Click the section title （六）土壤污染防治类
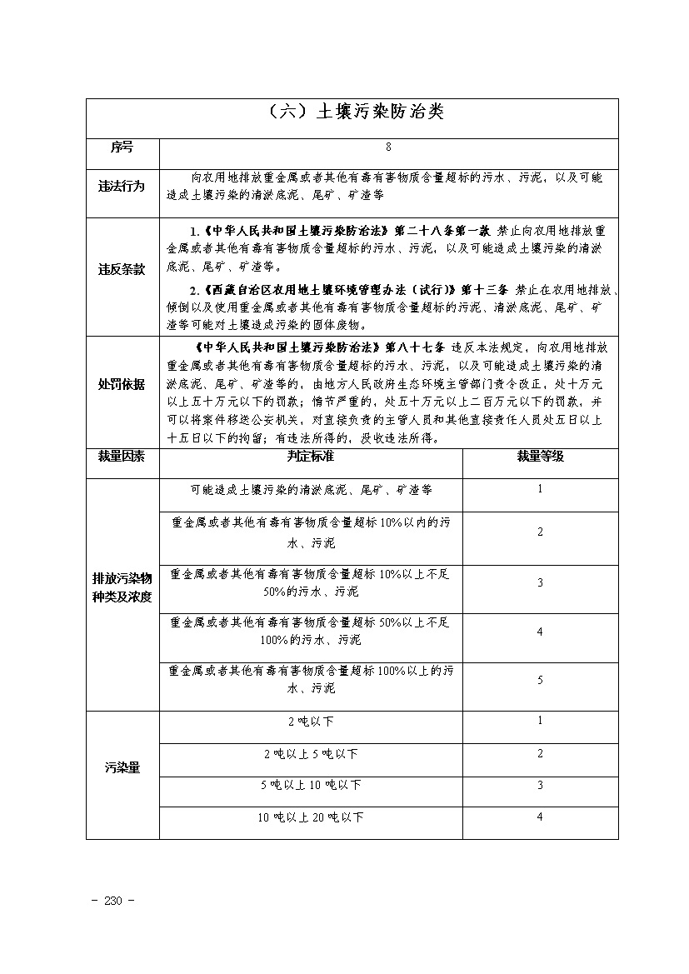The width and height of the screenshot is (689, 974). coord(352,112)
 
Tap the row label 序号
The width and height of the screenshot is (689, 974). coord(122,147)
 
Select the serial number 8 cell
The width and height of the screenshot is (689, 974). coord(388,147)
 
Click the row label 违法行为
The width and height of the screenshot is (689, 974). coord(122,186)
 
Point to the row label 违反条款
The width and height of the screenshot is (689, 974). coord(122,269)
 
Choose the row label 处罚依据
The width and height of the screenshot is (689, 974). coord(122,384)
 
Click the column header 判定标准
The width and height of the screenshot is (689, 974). coord(311,456)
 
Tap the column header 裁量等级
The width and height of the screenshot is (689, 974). coord(540,456)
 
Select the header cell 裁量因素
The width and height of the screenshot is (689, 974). coord(122,456)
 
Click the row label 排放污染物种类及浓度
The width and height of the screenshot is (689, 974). coord(122,588)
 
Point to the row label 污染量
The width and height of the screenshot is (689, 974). coord(122,768)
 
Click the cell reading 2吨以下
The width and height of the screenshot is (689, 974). coord(311,721)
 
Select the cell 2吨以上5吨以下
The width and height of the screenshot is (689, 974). coord(311,753)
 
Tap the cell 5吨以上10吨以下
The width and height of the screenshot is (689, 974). coord(311,785)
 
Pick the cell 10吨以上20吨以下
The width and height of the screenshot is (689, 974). coord(311,817)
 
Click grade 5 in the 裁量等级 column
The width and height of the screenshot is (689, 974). coord(540,680)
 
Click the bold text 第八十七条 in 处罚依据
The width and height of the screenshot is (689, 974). coord(415,347)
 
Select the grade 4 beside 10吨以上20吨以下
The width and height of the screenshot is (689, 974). coord(540,817)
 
